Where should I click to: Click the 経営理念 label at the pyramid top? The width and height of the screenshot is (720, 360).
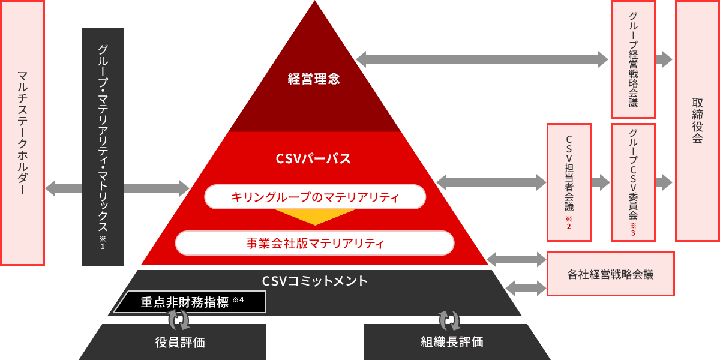point(314,79)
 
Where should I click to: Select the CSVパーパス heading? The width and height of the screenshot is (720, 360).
point(313,159)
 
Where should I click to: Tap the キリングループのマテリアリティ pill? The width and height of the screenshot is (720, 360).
point(315,197)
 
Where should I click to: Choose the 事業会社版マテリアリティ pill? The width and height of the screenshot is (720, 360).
point(315,243)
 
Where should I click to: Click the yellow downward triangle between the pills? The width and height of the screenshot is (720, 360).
point(315,217)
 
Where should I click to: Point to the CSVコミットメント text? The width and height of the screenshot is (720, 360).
point(314,280)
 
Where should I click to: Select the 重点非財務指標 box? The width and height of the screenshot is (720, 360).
point(190,302)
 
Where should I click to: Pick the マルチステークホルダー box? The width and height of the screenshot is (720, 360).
point(22,133)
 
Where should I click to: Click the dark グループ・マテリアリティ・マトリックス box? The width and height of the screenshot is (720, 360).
point(103,146)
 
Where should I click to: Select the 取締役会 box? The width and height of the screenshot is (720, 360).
point(697,121)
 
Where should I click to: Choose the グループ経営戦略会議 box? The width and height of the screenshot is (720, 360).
point(633,59)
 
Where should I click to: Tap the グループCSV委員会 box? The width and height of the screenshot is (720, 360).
point(633,182)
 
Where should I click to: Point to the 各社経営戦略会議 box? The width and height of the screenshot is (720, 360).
point(611,274)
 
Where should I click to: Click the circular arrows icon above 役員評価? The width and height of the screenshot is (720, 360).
point(178,319)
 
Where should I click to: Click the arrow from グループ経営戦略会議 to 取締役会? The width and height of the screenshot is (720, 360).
point(664,59)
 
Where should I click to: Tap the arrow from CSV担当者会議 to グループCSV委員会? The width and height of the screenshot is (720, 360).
point(601,182)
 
